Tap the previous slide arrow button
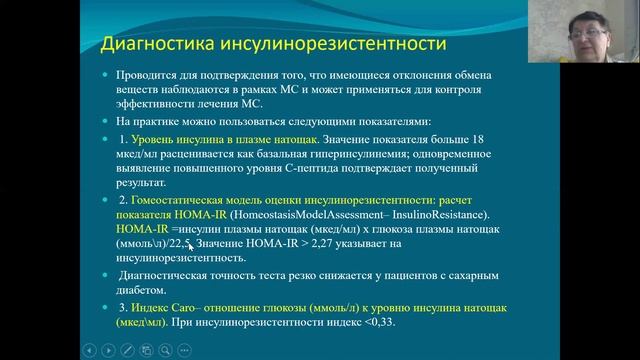click(x=87, y=350)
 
